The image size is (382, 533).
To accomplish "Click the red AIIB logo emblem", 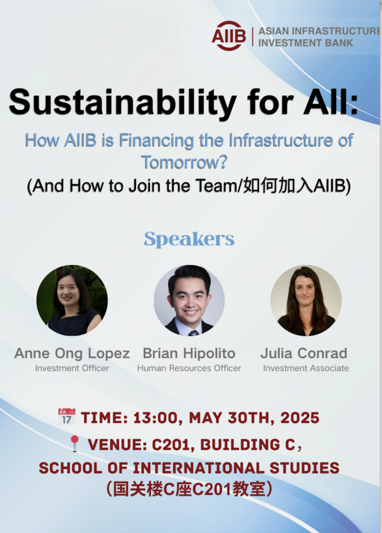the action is click(x=229, y=36).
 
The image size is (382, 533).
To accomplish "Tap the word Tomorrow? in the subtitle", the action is click(x=184, y=162).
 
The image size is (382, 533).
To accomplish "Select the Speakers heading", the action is click(x=189, y=239).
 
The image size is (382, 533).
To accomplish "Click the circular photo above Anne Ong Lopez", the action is click(x=72, y=300).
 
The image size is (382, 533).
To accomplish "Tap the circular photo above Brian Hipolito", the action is click(x=189, y=300).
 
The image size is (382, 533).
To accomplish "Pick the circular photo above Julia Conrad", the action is click(x=306, y=300).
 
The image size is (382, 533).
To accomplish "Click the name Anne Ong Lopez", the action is click(x=72, y=353).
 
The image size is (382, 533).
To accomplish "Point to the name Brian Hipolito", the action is click(x=189, y=353).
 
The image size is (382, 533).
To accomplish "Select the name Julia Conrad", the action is click(x=304, y=353).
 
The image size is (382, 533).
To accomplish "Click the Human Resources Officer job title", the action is click(x=189, y=368).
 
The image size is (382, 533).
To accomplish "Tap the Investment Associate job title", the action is click(x=306, y=368).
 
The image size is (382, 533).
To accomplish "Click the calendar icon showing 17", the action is click(x=67, y=417).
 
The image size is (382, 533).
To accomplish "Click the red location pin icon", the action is click(x=74, y=443).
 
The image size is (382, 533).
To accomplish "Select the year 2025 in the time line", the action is click(x=300, y=418).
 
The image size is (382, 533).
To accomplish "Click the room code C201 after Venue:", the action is click(x=172, y=445).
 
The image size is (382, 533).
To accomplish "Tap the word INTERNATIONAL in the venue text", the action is click(x=198, y=468).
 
